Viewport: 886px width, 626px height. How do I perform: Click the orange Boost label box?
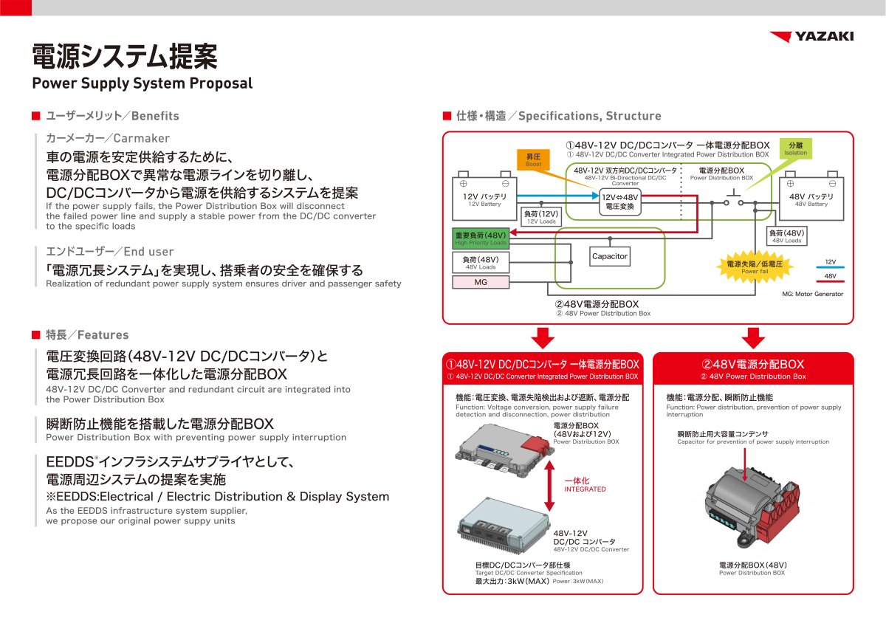click(533, 160)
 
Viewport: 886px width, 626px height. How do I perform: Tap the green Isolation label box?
click(795, 148)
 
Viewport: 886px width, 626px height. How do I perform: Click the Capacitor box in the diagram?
click(609, 257)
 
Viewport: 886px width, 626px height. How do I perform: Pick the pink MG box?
click(480, 282)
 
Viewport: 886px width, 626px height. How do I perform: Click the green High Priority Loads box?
click(481, 238)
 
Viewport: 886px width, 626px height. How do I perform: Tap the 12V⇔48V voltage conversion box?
click(619, 201)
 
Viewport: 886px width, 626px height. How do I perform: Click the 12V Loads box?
click(541, 217)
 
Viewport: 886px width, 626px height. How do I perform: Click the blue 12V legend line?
click(831, 267)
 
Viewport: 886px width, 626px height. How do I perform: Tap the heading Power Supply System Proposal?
click(142, 83)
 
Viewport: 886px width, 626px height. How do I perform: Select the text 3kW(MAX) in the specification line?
click(523, 581)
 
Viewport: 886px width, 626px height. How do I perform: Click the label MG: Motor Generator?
click(812, 294)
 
